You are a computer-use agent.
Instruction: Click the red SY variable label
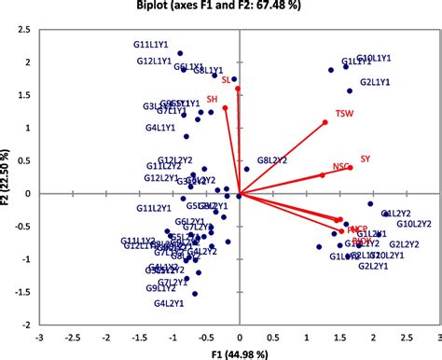[365, 159]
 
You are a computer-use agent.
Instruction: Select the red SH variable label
[212, 98]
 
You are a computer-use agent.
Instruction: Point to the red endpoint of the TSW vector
[325, 122]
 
